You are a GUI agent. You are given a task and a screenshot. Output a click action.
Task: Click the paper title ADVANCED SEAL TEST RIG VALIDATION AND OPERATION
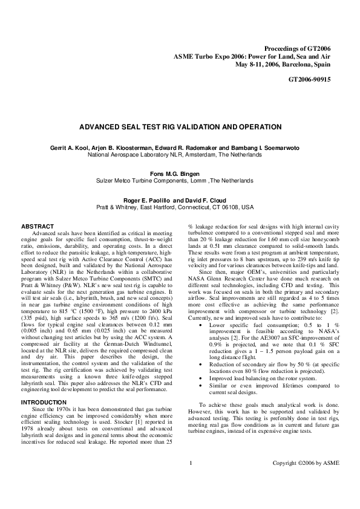point(180,128)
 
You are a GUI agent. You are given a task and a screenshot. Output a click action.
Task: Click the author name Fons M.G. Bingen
point(179,173)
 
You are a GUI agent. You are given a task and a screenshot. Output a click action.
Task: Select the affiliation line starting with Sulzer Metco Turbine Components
point(179,181)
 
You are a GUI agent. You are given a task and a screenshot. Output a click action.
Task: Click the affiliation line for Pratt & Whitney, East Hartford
point(179,207)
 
